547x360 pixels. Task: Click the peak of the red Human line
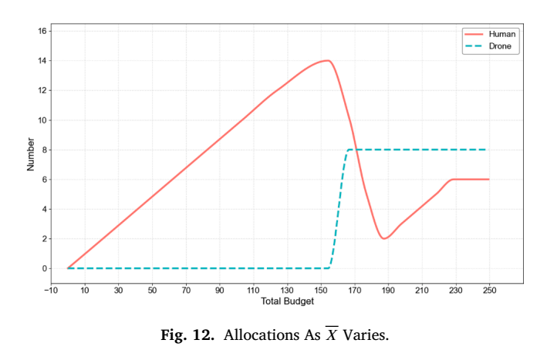(x=328, y=61)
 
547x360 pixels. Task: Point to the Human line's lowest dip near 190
(x=383, y=239)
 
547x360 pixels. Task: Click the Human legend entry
(x=490, y=34)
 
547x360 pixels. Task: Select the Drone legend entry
(x=488, y=46)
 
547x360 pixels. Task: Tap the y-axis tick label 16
(x=42, y=31)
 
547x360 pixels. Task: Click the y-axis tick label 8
(x=44, y=150)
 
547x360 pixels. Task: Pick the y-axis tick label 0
(x=44, y=269)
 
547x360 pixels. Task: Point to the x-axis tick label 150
(x=321, y=291)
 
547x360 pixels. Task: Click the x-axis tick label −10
(x=51, y=291)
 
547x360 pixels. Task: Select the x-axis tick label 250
(x=489, y=291)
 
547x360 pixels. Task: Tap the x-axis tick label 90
(x=219, y=291)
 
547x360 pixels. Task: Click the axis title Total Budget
(x=287, y=301)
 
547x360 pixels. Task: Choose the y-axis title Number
(x=31, y=154)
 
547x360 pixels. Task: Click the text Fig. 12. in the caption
(x=187, y=335)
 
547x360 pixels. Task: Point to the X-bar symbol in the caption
(x=332, y=334)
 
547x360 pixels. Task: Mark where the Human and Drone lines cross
(x=356, y=150)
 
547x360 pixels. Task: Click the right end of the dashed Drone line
(x=486, y=150)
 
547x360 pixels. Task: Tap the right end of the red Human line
(x=488, y=180)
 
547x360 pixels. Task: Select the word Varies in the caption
(x=366, y=335)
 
